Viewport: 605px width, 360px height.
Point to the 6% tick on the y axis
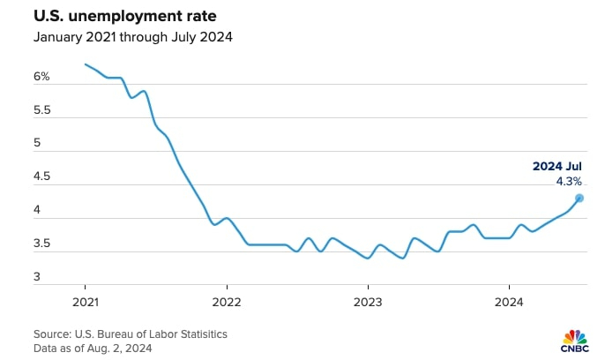pyautogui.click(x=41, y=78)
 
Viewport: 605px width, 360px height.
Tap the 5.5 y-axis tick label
pyautogui.click(x=41, y=111)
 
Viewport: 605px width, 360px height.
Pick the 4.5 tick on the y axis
pyautogui.click(x=41, y=177)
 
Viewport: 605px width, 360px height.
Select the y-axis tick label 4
pyautogui.click(x=38, y=211)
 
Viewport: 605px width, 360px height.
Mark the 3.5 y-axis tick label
pyautogui.click(x=41, y=244)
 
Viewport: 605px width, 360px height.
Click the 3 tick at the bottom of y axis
pyautogui.click(x=38, y=277)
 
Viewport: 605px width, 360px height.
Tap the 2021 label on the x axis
pyautogui.click(x=86, y=300)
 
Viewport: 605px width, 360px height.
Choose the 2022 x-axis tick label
pyautogui.click(x=227, y=300)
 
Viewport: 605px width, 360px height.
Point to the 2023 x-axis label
pyautogui.click(x=368, y=300)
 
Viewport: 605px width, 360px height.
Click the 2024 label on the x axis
pyautogui.click(x=509, y=300)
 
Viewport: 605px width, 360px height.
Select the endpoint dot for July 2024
pyautogui.click(x=579, y=198)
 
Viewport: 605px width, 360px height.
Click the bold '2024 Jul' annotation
pyautogui.click(x=556, y=166)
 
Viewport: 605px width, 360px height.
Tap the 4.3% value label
pyautogui.click(x=568, y=181)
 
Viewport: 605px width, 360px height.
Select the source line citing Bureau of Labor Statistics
pyautogui.click(x=131, y=334)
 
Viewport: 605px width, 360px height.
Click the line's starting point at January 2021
pyautogui.click(x=86, y=64)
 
